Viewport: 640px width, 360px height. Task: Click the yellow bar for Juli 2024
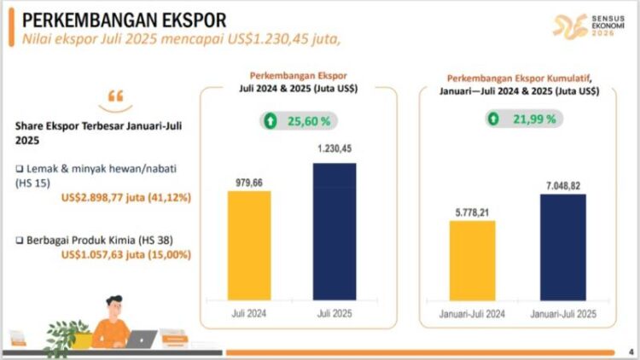[x=249, y=245]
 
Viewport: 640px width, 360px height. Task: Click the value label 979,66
[x=249, y=182]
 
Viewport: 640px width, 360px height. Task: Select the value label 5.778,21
[x=472, y=210]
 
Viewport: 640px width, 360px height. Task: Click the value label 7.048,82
[x=562, y=184]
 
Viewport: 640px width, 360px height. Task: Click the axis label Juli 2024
[x=249, y=313]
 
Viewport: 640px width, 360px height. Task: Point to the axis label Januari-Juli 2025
[x=562, y=313]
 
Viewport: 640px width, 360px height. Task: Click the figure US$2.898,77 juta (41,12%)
[x=126, y=198]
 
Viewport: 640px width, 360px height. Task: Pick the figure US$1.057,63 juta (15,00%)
[x=126, y=254]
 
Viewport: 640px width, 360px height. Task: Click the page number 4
[x=630, y=351]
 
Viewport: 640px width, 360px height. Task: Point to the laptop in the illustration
[x=141, y=339]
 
